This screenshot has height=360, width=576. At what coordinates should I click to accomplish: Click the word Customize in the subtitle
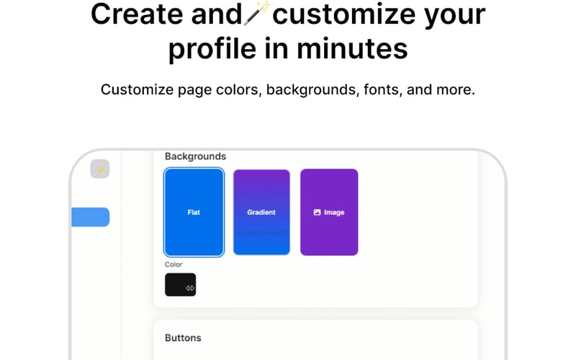[138, 90]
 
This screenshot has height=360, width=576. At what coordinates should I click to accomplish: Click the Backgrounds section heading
[195, 156]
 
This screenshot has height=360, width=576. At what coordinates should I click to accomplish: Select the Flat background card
[194, 212]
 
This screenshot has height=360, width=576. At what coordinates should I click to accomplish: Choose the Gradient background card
[261, 212]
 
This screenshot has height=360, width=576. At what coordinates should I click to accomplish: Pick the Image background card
[329, 212]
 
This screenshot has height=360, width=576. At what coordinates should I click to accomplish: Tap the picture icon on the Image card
[317, 212]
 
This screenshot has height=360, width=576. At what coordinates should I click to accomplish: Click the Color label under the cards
[174, 264]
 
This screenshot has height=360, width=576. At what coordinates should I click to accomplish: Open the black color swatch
[176, 284]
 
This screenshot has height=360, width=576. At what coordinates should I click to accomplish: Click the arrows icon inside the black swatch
[190, 288]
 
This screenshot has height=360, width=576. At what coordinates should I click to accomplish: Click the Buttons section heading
[183, 338]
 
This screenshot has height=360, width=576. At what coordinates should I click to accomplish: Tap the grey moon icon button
[100, 169]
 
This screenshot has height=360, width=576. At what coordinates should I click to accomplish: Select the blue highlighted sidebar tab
[90, 217]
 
